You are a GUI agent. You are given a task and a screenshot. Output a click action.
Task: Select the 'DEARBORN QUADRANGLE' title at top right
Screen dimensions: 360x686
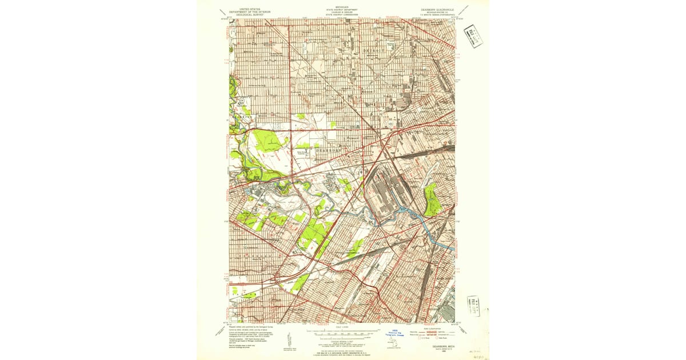click(x=436, y=10)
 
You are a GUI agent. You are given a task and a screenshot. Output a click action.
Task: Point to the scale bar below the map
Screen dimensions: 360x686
click(x=342, y=331)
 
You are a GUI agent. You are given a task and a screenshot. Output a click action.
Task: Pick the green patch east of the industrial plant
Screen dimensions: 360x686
click(x=433, y=201)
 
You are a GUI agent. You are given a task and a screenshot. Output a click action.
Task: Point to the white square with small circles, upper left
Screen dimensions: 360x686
click(x=241, y=102)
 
